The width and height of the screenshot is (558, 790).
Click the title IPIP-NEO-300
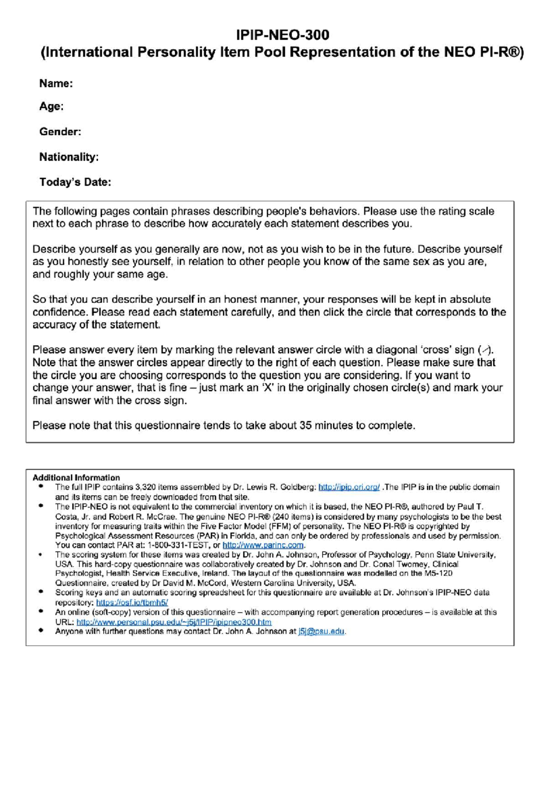[x=282, y=35]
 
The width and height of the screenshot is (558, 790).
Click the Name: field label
[x=56, y=84]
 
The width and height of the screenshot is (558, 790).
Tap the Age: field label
[x=51, y=107]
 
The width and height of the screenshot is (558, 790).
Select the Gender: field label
[x=60, y=132]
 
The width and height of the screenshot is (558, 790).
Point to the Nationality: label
[x=69, y=157]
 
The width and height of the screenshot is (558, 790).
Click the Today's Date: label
[x=75, y=182]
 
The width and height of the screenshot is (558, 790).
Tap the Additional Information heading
[x=76, y=477]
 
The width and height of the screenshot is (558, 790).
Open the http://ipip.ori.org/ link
[x=349, y=487]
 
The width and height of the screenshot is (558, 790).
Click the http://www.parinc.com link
[x=263, y=545]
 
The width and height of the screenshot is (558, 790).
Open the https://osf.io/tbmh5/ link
[x=132, y=602]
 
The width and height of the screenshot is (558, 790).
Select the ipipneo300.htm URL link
[x=174, y=622]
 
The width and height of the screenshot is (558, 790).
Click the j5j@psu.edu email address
[x=321, y=631]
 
